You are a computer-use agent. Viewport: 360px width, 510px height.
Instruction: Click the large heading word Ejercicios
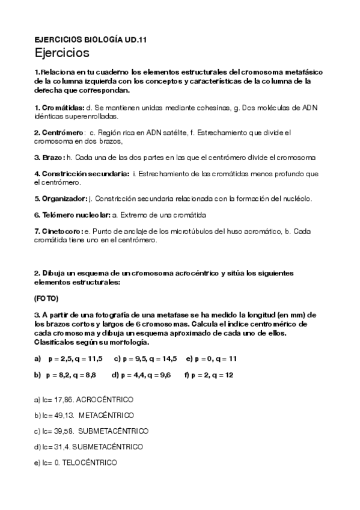tap(63, 53)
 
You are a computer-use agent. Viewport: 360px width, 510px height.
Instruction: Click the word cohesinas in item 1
tap(212, 107)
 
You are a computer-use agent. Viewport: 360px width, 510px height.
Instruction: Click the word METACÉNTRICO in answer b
tap(106, 415)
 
